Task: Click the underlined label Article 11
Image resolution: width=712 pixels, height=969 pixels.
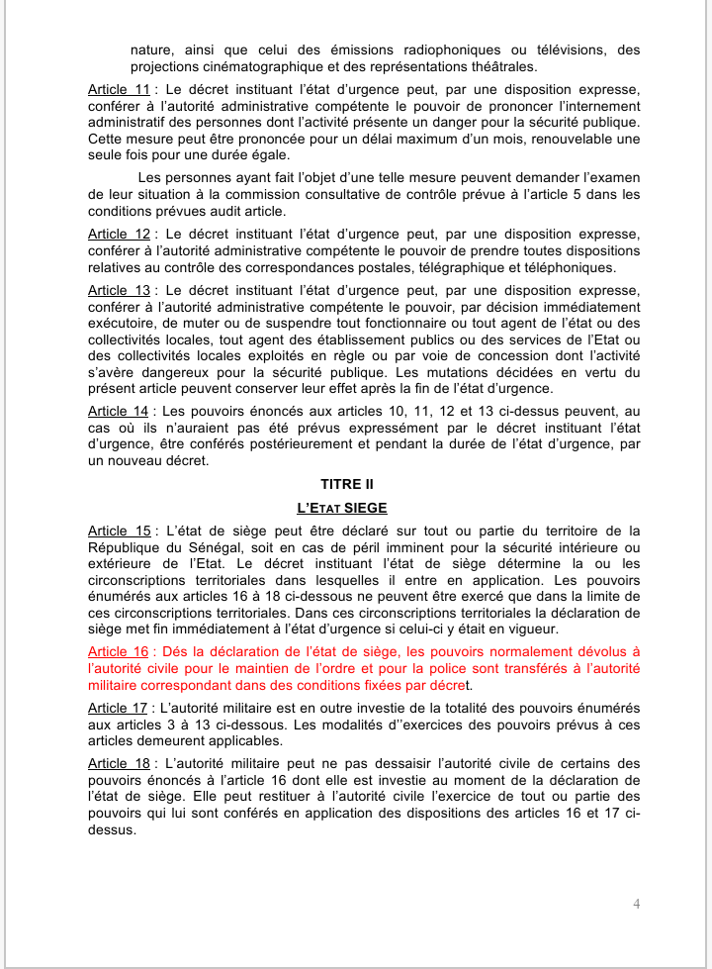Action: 119,88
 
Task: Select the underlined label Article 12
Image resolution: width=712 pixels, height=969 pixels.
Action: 119,234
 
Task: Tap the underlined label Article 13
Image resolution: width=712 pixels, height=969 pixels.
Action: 119,290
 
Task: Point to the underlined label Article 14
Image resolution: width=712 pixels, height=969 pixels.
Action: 119,410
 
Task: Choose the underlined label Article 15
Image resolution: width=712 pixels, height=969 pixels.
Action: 119,531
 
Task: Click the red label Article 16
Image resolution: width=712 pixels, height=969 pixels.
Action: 119,651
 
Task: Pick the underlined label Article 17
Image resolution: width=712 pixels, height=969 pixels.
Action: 119,708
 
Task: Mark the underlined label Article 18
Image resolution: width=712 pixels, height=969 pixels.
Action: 119,764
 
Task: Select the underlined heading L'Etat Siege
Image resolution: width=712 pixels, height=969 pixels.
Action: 355,507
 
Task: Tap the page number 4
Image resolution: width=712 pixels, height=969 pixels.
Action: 636,903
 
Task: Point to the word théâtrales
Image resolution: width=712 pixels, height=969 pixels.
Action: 494,66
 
